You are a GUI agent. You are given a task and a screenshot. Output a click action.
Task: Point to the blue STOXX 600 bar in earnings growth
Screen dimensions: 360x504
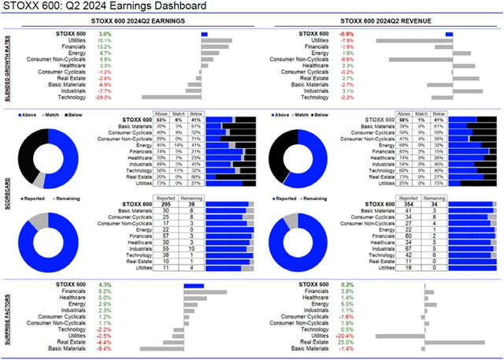pos(204,34)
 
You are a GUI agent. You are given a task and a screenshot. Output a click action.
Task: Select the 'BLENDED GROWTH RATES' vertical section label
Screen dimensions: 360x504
pos(8,66)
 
